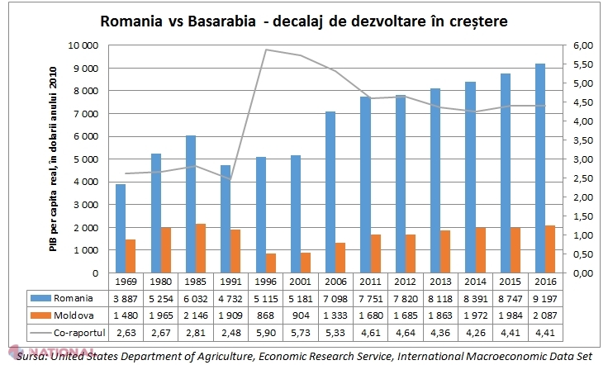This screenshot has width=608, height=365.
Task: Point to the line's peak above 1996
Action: (265, 50)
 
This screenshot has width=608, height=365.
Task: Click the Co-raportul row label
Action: (87, 331)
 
